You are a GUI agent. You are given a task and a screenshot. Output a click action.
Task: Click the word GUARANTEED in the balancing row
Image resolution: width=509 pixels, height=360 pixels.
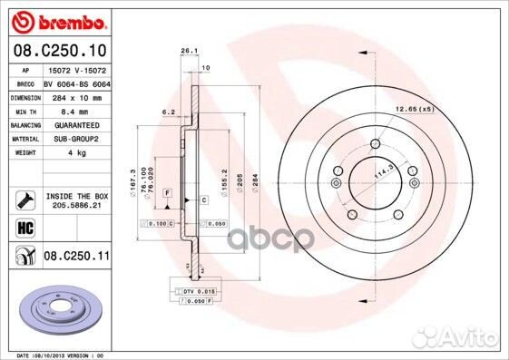pyautogui.click(x=71, y=124)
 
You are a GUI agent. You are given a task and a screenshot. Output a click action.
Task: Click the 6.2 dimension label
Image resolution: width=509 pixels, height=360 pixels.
pyautogui.click(x=168, y=112)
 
